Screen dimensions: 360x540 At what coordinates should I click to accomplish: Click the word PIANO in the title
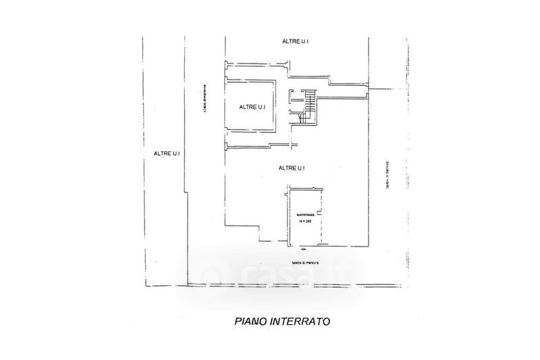[x=249, y=323]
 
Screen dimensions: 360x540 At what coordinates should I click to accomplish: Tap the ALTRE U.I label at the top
[x=296, y=42]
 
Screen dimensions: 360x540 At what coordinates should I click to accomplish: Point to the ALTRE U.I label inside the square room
[x=252, y=107]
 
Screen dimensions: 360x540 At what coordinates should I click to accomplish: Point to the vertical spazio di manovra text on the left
[x=205, y=103]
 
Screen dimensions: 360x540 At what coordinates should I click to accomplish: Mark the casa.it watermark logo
[x=270, y=275]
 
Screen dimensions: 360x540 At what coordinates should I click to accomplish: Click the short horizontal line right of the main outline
[x=383, y=88]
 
